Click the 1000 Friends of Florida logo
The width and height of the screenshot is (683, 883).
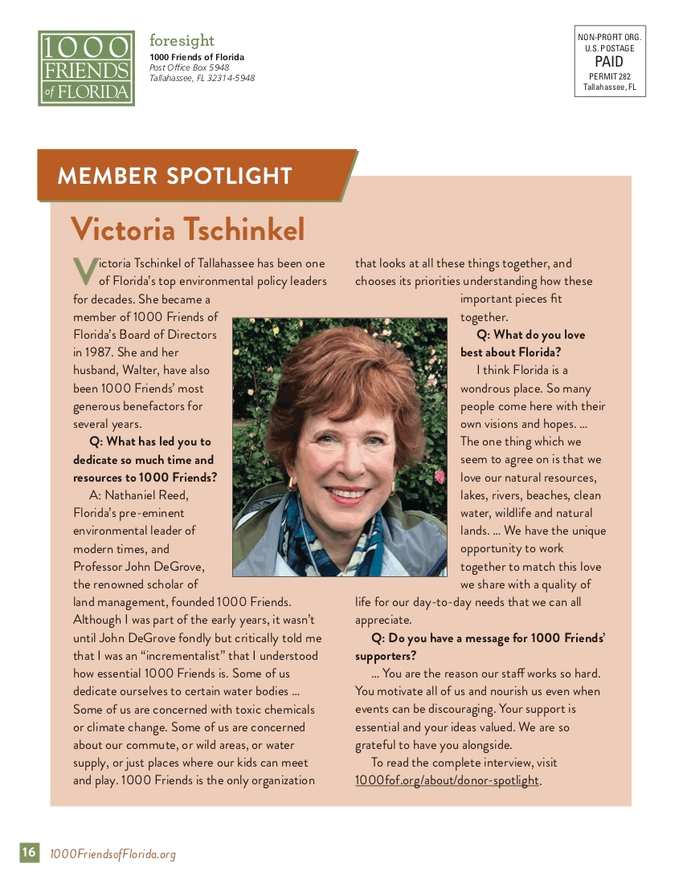tap(86, 68)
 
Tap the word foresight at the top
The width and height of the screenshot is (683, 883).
tap(182, 40)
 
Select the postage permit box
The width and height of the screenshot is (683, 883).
tap(610, 61)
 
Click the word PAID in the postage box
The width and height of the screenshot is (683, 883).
tap(609, 62)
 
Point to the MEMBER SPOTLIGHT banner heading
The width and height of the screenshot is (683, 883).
tap(174, 176)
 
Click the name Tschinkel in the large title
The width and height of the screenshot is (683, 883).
tap(244, 230)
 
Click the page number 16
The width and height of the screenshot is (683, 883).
tap(29, 852)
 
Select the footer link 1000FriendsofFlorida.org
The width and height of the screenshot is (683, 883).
tap(112, 854)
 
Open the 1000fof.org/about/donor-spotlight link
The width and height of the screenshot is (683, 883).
tap(448, 780)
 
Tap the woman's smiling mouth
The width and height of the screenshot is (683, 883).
tap(347, 491)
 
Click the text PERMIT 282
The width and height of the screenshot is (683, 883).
tap(609, 76)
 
